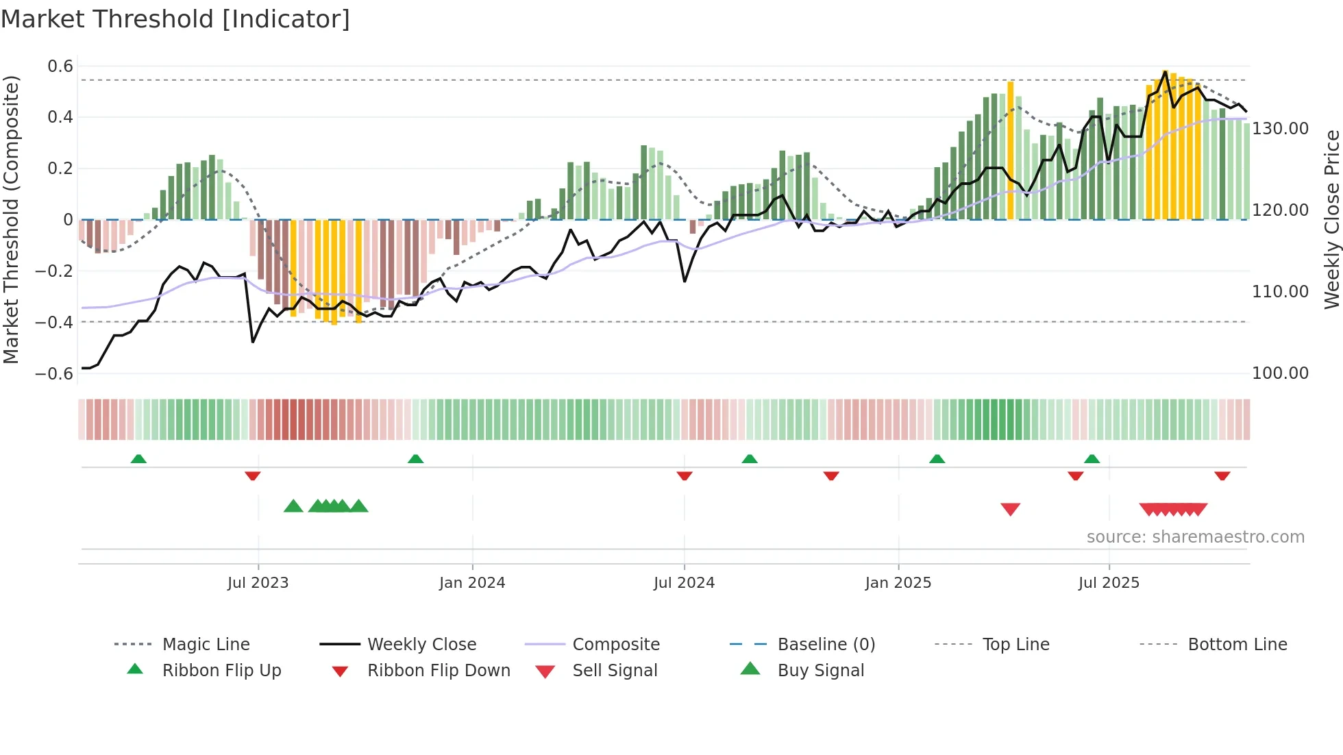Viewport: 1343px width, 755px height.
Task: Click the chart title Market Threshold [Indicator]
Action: coord(175,19)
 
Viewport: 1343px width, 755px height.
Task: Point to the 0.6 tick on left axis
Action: coord(60,66)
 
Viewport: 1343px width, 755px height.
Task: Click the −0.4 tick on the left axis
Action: coord(54,322)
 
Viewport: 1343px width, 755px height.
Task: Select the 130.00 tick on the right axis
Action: coord(1280,129)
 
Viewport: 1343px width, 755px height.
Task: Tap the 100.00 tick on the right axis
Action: coord(1280,373)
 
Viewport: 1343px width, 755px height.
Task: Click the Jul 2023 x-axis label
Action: coord(258,583)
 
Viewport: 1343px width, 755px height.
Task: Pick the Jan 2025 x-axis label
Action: coord(898,583)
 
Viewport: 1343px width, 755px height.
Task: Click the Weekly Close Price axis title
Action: coord(1331,219)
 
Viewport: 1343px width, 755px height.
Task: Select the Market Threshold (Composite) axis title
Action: coord(11,219)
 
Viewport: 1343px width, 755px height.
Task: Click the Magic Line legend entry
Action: coord(206,645)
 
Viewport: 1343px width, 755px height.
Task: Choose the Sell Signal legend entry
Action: coord(615,671)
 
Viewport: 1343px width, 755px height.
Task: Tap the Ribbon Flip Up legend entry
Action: coord(221,671)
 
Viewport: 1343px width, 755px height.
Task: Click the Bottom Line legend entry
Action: coord(1237,645)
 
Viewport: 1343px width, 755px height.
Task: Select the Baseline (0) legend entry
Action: coord(826,645)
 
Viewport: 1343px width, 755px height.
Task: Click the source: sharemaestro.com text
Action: coord(1195,537)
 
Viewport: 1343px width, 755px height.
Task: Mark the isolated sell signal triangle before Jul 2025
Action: coord(1010,508)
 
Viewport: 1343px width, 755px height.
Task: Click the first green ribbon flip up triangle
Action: coord(138,459)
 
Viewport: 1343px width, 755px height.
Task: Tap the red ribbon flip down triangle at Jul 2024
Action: coord(684,475)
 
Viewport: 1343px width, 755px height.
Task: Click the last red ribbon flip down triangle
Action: coord(1222,475)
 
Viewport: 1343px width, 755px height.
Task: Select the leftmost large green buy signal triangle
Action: coord(293,506)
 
